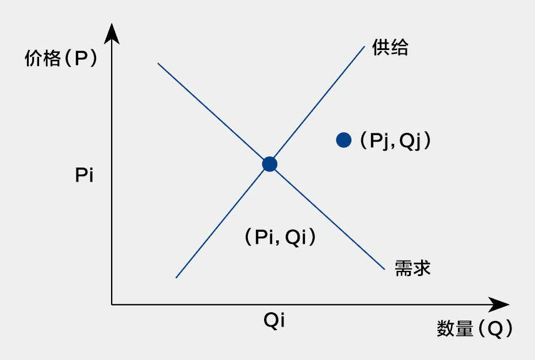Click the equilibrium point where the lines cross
270,164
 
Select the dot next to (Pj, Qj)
343,140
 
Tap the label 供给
390,48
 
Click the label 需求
412,268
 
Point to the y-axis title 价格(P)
60,59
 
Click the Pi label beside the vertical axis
84,175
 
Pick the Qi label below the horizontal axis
274,321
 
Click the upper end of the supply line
364,45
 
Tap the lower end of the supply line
176,277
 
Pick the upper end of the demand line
158,63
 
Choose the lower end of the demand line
383,269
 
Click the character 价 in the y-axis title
33,59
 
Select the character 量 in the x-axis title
464,329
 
